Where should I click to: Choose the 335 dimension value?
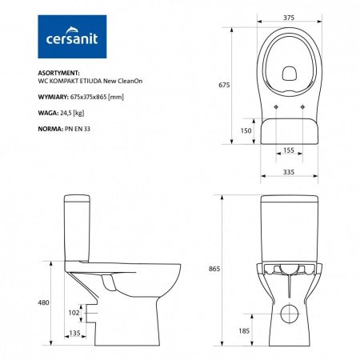click(286, 170)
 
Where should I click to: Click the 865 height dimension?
click(212, 270)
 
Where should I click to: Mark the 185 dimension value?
click(244, 330)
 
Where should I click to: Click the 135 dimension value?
click(74, 334)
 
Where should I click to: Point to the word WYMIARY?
click(55, 96)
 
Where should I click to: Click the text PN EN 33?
click(75, 128)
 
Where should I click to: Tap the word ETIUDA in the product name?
click(94, 82)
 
